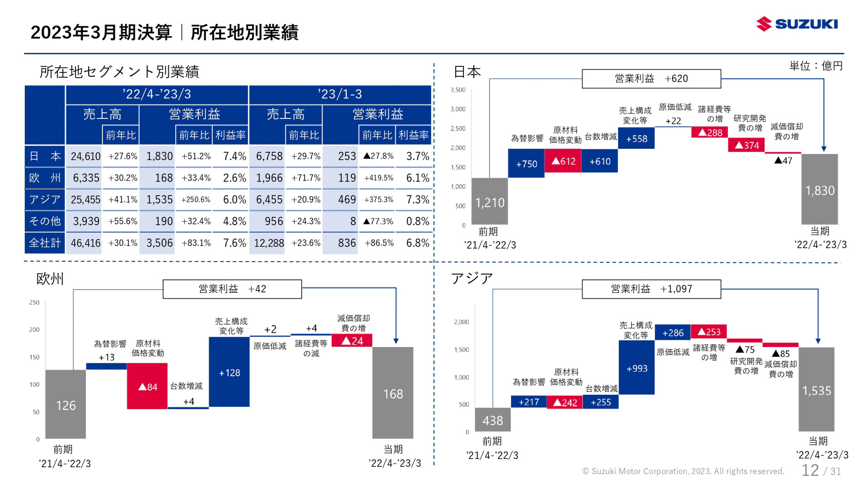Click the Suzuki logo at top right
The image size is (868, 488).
[797, 23]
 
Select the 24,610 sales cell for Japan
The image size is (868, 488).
[85, 156]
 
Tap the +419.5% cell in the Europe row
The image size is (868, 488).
[378, 178]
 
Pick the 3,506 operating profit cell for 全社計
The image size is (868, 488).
[159, 243]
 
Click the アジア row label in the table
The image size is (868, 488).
[44, 200]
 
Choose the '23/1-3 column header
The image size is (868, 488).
[340, 94]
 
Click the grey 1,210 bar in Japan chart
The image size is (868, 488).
[490, 202]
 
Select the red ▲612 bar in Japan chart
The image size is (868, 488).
[563, 161]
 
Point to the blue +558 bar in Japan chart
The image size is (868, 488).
[636, 138]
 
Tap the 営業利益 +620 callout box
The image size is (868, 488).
[651, 79]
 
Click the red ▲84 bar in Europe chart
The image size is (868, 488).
[147, 386]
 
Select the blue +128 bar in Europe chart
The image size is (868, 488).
[229, 372]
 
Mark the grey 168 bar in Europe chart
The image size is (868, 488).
[393, 393]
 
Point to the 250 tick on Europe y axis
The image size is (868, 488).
[34, 302]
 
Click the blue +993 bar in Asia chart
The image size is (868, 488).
[637, 368]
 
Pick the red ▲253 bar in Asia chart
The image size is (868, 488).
[708, 332]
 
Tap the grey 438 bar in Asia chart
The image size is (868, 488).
[492, 420]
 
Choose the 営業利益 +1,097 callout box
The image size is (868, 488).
[651, 289]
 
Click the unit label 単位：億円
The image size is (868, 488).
[816, 66]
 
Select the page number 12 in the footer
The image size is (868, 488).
[810, 470]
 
